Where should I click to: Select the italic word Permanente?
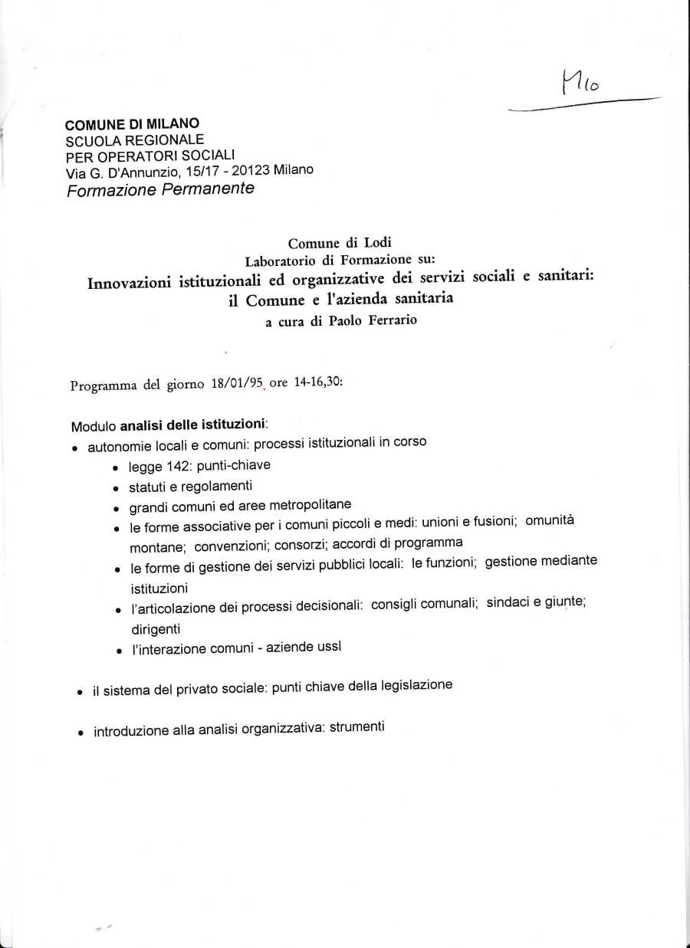tap(208, 189)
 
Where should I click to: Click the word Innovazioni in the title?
tap(131, 282)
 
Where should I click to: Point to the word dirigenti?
tap(155, 628)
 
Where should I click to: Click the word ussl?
tap(329, 646)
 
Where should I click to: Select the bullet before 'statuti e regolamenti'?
tap(115, 488)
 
